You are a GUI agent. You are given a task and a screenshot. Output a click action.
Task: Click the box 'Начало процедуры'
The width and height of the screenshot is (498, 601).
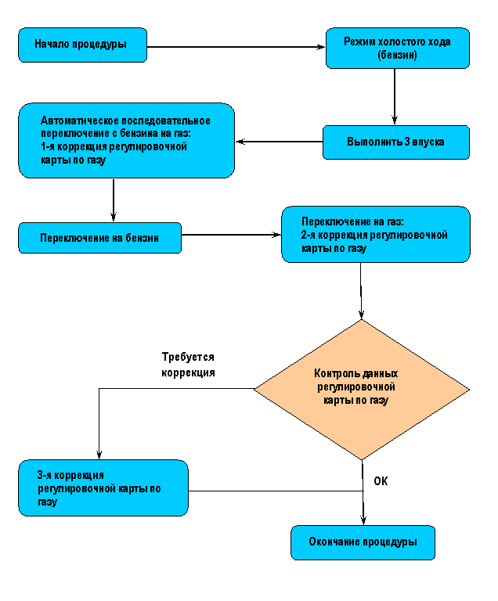pyautogui.click(x=82, y=45)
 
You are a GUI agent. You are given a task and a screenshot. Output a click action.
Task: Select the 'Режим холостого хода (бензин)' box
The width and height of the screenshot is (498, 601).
pyautogui.click(x=398, y=49)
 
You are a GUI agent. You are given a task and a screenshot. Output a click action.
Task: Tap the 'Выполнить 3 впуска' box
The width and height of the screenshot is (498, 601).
pyautogui.click(x=396, y=142)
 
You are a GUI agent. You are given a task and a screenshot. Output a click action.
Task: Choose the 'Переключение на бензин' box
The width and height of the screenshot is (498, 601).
pyautogui.click(x=99, y=238)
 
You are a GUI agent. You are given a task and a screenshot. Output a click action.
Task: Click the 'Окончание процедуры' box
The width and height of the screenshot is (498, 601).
pyautogui.click(x=363, y=543)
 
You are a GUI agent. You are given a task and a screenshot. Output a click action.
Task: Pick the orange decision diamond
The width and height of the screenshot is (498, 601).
pyautogui.click(x=362, y=390)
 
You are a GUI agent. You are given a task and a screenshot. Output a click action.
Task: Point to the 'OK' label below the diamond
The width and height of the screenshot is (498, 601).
pyautogui.click(x=381, y=481)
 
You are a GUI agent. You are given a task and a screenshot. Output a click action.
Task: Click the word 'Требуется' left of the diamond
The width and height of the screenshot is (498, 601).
pyautogui.click(x=188, y=357)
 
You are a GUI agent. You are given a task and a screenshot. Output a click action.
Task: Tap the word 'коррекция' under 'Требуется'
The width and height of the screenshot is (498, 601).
pyautogui.click(x=188, y=372)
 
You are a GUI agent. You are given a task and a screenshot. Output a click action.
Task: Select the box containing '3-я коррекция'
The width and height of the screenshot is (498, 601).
pyautogui.click(x=103, y=488)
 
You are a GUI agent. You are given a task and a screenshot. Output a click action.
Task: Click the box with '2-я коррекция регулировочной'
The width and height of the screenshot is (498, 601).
pyautogui.click(x=376, y=235)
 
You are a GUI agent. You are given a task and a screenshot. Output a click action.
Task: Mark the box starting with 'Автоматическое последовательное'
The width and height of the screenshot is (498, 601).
pyautogui.click(x=127, y=140)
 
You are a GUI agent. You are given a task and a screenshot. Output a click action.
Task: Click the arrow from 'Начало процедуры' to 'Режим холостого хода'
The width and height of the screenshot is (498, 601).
pyautogui.click(x=236, y=47)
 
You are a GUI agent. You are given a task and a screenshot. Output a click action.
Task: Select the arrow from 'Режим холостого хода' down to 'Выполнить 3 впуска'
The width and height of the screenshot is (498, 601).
pyautogui.click(x=395, y=97)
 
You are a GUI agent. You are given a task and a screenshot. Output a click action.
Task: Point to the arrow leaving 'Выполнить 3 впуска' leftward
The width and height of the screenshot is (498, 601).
pyautogui.click(x=279, y=142)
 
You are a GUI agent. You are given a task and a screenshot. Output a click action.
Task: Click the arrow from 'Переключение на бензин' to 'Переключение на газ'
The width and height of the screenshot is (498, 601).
pyautogui.click(x=231, y=235)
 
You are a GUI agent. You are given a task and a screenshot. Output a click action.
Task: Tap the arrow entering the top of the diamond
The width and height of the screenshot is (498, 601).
pyautogui.click(x=361, y=291)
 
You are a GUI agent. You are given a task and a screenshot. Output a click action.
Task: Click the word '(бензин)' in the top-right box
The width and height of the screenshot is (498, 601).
pyautogui.click(x=397, y=56)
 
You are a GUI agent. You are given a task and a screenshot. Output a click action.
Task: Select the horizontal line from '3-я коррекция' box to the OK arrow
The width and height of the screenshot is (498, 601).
pyautogui.click(x=276, y=491)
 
